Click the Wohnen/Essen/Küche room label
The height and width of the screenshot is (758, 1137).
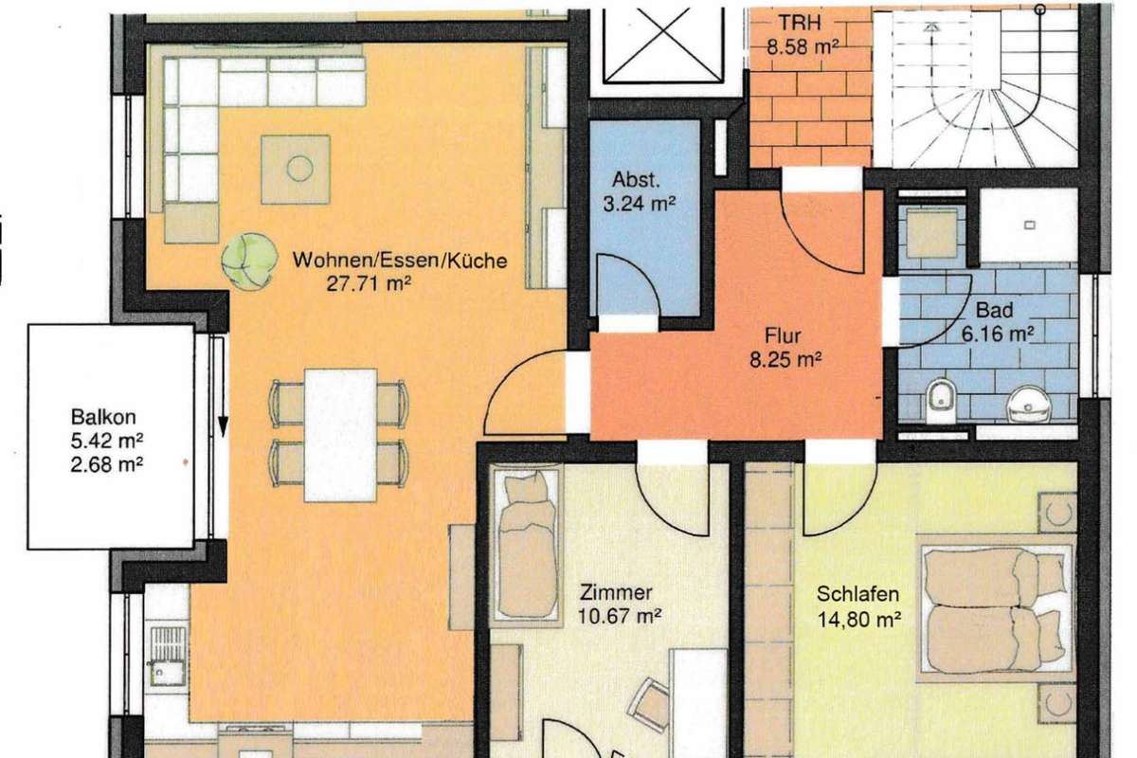click(x=400, y=261)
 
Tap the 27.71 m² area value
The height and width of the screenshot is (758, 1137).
click(x=369, y=283)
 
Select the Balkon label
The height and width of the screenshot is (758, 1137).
click(x=103, y=417)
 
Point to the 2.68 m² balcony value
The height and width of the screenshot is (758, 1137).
click(x=106, y=464)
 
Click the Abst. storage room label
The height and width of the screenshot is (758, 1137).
click(x=636, y=179)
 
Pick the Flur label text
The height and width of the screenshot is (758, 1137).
click(x=783, y=335)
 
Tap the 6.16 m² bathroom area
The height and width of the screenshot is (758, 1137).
click(x=998, y=334)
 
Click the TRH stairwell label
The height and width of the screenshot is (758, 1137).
click(x=800, y=23)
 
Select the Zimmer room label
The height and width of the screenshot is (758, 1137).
click(x=616, y=592)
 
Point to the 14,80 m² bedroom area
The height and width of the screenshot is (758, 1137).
click(x=858, y=619)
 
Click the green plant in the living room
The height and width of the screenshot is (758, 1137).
click(x=249, y=262)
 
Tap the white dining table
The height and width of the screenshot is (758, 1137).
click(x=340, y=435)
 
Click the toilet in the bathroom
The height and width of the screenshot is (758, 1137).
click(x=941, y=401)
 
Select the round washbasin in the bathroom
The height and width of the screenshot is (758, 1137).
click(x=1028, y=405)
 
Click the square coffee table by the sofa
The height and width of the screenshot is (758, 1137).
click(x=296, y=169)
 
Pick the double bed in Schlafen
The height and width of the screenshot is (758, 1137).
click(x=997, y=608)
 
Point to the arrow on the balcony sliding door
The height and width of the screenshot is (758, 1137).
click(x=223, y=386)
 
